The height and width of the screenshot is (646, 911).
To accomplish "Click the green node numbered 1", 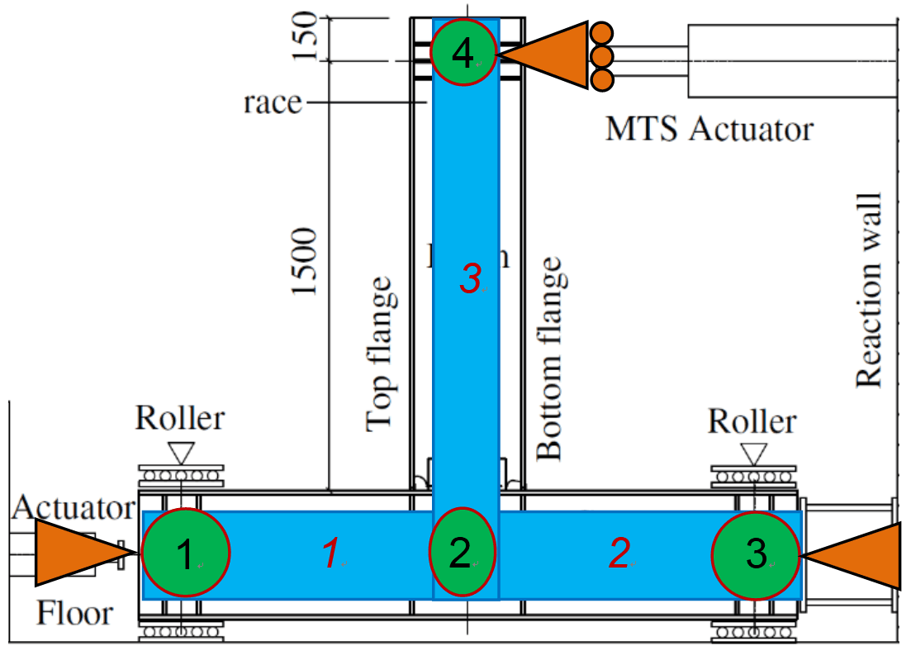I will click(x=185, y=553).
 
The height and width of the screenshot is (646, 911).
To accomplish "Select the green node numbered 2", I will click(x=463, y=553).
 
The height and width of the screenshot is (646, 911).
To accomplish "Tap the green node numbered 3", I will click(x=757, y=553).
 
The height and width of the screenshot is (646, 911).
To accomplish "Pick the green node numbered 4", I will click(x=463, y=54).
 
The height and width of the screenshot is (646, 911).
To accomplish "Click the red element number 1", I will click(x=330, y=554).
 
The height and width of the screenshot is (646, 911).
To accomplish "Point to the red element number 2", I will click(x=619, y=554).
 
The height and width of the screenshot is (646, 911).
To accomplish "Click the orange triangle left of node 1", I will click(x=78, y=553).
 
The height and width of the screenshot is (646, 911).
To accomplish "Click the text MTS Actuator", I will click(x=709, y=129).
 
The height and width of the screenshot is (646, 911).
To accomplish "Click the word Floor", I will click(x=74, y=613).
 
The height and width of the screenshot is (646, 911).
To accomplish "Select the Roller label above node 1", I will click(x=180, y=418).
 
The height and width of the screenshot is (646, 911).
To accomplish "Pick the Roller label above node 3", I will click(x=752, y=421).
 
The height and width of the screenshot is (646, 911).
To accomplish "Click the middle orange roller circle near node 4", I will click(x=602, y=56).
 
